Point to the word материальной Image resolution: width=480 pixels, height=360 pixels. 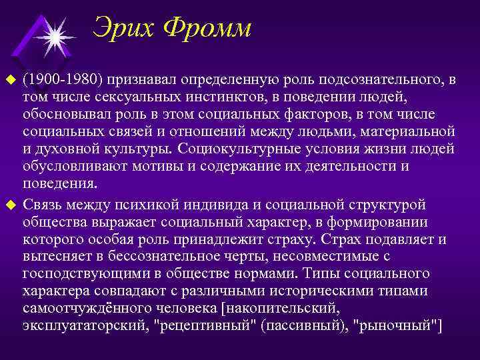tap(407, 132)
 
